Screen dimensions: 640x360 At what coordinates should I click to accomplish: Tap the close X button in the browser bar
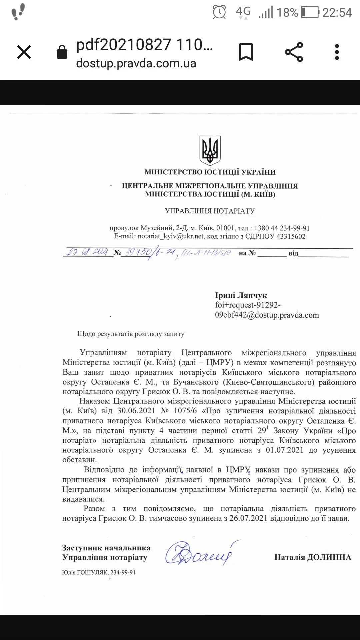pyautogui.click(x=24, y=52)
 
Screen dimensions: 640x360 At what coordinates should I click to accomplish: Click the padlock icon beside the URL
pyautogui.click(x=62, y=52)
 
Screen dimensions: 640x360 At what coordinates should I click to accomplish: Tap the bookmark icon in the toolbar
pyautogui.click(x=246, y=52)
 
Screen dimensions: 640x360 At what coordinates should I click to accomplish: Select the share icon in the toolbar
pyautogui.click(x=294, y=52)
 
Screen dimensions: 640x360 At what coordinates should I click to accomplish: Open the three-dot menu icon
pyautogui.click(x=337, y=52)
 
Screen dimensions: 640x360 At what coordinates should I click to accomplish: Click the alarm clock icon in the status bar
pyautogui.click(x=219, y=12)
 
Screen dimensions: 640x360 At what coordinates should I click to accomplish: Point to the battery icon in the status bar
pyautogui.click(x=310, y=12)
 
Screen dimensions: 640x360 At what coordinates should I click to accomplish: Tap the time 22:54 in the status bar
pyautogui.click(x=337, y=12)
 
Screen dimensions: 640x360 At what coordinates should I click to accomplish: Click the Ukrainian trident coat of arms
pyautogui.click(x=210, y=150)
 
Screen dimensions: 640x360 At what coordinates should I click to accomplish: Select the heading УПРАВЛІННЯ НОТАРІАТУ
pyautogui.click(x=210, y=211)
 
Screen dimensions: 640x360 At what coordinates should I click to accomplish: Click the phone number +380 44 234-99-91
pyautogui.click(x=282, y=228)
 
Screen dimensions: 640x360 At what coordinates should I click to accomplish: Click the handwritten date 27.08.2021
pyautogui.click(x=87, y=252)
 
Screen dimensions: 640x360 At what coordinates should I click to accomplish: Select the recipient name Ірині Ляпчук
pyautogui.click(x=241, y=295)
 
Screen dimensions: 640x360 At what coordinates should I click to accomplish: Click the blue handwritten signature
pyautogui.click(x=200, y=553)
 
